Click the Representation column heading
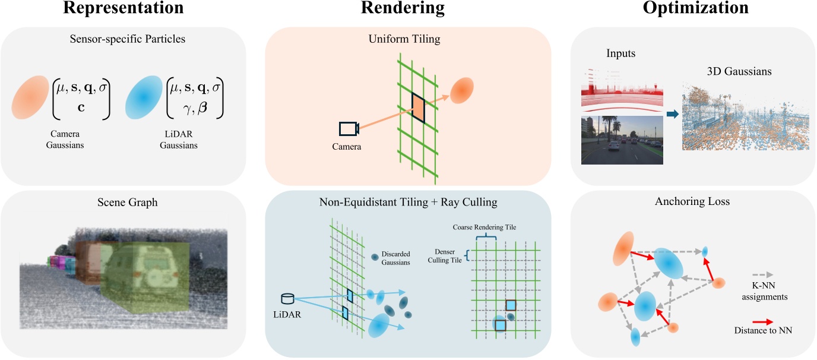[123, 8]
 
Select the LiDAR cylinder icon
[289, 298]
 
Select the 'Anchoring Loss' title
[693, 201]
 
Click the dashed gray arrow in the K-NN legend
[763, 275]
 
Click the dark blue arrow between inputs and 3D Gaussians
[671, 114]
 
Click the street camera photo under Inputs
[622, 140]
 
